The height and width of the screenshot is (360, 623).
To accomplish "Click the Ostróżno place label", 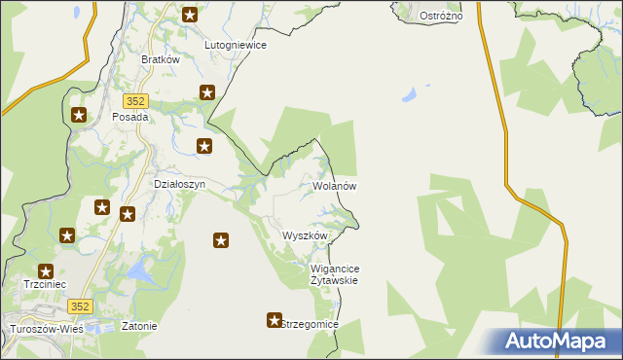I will pos(440,17).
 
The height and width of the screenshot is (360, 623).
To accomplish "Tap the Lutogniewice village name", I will pos(235,45).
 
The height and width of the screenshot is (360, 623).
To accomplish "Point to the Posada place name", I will pos(130,117).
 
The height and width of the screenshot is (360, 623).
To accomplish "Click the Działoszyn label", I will pos(180,183).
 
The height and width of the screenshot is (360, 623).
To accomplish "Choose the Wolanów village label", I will pos(336,185).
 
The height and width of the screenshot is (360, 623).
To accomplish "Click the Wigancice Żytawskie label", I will pos(334,274).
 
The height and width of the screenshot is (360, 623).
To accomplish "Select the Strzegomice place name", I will pos(310,324).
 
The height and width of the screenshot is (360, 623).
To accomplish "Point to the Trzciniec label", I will pos(45,285).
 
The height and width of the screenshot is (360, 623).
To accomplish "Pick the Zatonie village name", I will pos(138,326).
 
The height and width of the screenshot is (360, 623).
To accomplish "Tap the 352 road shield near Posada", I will pos(135,100).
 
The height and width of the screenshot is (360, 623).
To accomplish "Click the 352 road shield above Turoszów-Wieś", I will pos(81,306).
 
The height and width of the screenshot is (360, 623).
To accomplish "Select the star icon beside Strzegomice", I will pos(275,319).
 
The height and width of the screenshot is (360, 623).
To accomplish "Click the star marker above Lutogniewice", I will pos(190,15).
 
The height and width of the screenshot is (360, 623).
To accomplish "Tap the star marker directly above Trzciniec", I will pos(45,271).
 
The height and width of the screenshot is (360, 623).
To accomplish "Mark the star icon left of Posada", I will pos(79,115).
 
